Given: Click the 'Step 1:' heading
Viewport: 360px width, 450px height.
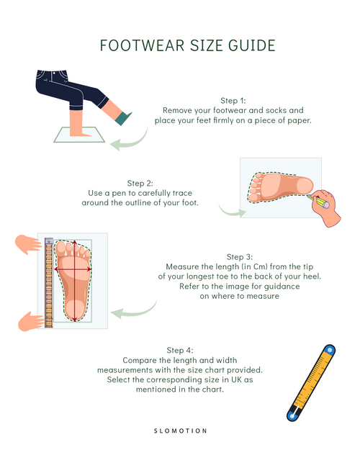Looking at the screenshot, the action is (x=233, y=101).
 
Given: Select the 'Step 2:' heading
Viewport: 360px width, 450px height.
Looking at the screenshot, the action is (x=140, y=183).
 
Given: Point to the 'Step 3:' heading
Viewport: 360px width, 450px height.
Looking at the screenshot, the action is (x=240, y=256).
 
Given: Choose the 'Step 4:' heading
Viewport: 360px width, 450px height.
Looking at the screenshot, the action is (x=180, y=350).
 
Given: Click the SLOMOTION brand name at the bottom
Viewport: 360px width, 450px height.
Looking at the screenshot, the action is (x=180, y=431).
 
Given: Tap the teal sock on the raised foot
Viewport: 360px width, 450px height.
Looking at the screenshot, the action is (x=123, y=118).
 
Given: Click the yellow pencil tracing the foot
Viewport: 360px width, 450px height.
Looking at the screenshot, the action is (x=318, y=201).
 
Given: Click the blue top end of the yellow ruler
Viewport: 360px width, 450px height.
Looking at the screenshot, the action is (x=330, y=350).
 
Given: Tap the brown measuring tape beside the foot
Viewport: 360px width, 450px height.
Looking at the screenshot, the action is (x=49, y=283).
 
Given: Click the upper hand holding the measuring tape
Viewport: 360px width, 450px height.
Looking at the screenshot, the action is (x=28, y=245).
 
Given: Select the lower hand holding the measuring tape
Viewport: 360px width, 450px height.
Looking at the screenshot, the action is (x=31, y=321).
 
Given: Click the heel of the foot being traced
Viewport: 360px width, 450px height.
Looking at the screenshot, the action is (x=305, y=185).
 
